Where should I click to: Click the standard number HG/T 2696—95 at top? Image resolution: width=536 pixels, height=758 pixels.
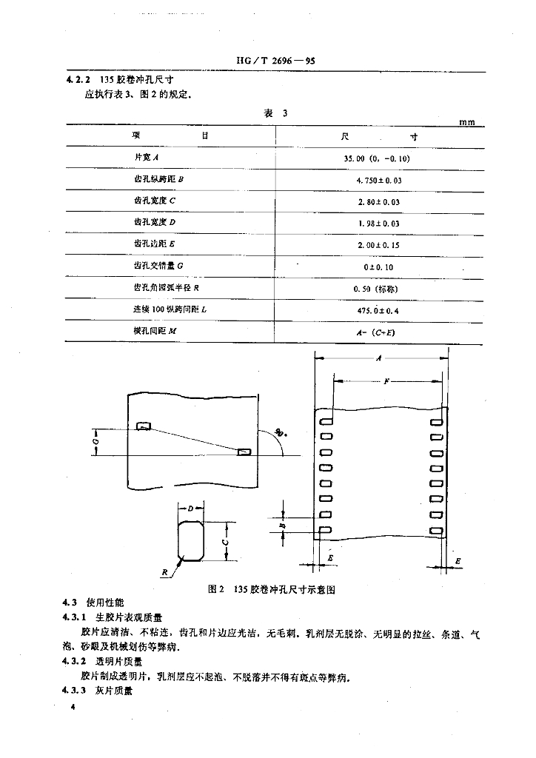point(269,62)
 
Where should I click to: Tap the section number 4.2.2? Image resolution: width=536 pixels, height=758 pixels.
point(76,80)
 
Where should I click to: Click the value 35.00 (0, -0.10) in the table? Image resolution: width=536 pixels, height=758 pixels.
point(377,158)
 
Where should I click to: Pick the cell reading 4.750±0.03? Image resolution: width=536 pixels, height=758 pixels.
point(378,180)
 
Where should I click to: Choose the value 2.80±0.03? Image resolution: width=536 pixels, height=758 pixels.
point(378,201)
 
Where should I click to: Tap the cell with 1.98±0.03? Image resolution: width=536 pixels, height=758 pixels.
point(378,223)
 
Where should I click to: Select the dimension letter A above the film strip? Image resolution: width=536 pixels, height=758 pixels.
point(378,358)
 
